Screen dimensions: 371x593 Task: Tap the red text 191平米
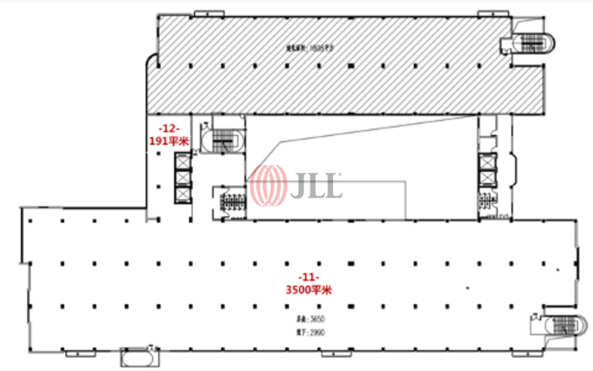(169, 140)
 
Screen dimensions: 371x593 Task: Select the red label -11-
(308, 278)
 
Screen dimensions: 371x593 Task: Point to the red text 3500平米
(308, 290)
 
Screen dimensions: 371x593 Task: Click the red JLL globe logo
(268, 185)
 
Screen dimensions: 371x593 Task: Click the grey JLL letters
(317, 185)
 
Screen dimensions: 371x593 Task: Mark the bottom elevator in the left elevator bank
(183, 194)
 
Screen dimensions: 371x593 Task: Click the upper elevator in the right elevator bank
(487, 162)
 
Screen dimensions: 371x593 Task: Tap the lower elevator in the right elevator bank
(487, 179)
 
